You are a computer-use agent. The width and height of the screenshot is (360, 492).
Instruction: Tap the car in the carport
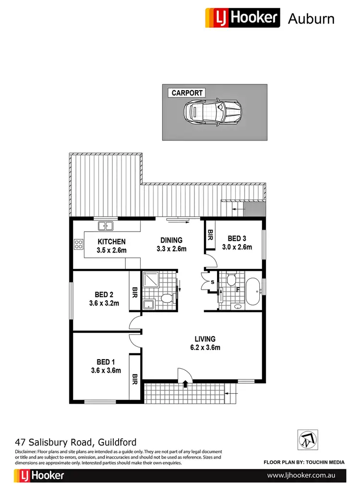pos(212,113)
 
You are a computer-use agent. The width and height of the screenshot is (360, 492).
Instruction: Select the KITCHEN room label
pos(111,242)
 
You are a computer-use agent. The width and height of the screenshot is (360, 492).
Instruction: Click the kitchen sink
pos(105,225)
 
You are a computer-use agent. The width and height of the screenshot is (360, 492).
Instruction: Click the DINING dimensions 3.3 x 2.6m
pos(171,249)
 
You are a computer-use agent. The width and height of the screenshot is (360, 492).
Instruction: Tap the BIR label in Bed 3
pos(210,235)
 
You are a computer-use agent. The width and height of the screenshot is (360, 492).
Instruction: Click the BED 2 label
pos(104,294)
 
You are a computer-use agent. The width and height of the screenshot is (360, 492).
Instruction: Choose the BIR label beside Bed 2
pos(135,292)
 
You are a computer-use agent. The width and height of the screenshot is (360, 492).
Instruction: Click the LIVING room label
pos(204,339)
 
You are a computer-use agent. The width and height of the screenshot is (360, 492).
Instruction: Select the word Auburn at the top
pos(311,19)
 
